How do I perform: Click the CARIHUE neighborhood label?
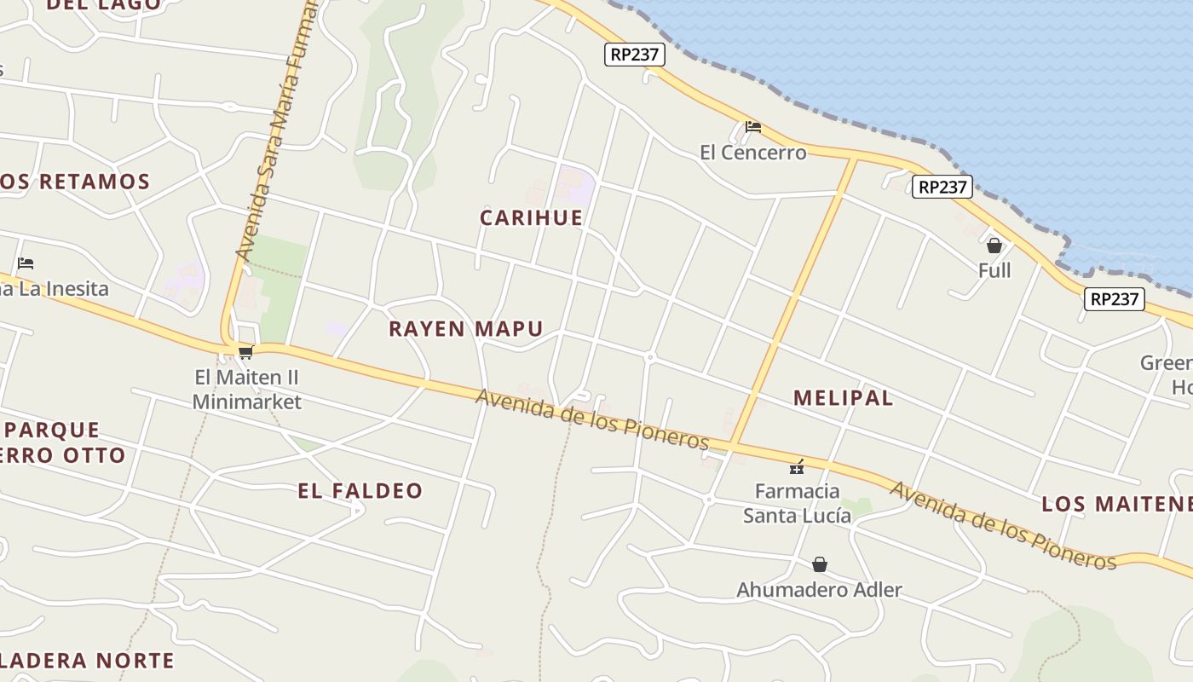coord(531,217)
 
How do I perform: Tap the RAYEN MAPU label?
coord(465,328)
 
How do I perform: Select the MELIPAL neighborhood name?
coord(843,397)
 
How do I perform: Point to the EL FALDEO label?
coord(360,490)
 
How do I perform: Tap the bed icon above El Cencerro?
coord(752,128)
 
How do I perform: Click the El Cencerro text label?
coord(752,153)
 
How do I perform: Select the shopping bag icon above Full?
coord(994,246)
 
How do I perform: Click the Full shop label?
coord(994,270)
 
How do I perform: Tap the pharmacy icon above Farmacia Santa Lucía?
coord(797,466)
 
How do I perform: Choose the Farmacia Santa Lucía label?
coord(797,503)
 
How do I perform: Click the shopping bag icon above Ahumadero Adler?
coord(819,564)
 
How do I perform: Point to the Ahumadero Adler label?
coord(819,589)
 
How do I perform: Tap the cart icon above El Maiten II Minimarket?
coord(245,352)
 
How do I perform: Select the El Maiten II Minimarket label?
coord(247,389)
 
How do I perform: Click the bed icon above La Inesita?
coord(26,263)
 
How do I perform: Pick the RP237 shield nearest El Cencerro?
coord(635,55)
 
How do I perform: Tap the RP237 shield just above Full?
coord(942,187)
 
